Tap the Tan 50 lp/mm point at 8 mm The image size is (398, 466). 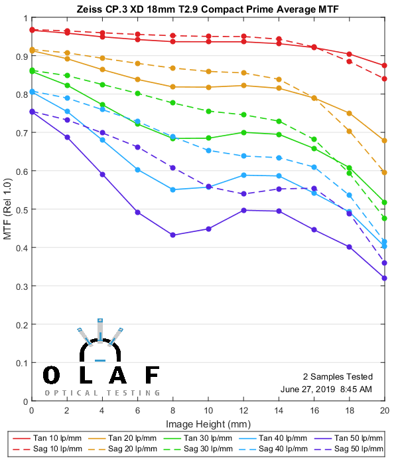pyautogui.click(x=172, y=235)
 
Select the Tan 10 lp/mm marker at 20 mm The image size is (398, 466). pyautogui.click(x=385, y=65)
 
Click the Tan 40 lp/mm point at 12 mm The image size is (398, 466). pyautogui.click(x=243, y=175)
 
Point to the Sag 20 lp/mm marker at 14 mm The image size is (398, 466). pyautogui.click(x=279, y=79)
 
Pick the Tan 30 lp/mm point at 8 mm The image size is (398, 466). pyautogui.click(x=172, y=138)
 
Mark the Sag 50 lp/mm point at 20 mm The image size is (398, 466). pyautogui.click(x=385, y=263)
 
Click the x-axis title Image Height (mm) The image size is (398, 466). pyautogui.click(x=208, y=423)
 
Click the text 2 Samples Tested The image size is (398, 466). pyautogui.click(x=338, y=376)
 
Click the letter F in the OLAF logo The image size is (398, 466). pyautogui.click(x=152, y=376)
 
